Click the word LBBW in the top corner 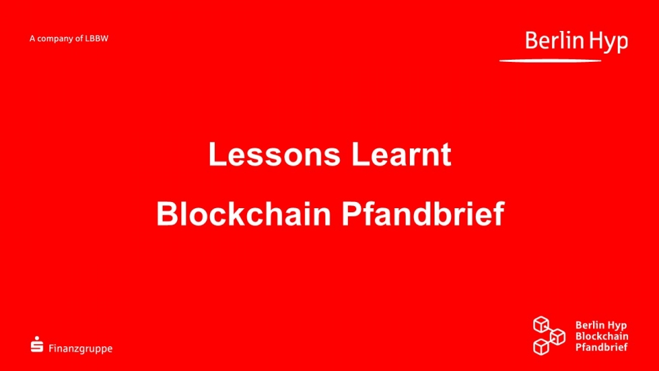pyautogui.click(x=97, y=38)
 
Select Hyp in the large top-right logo pyautogui.click(x=608, y=43)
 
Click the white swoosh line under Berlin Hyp pyautogui.click(x=550, y=61)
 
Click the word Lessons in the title pyautogui.click(x=274, y=154)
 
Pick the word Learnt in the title pyautogui.click(x=402, y=154)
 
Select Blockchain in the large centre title pyautogui.click(x=244, y=214)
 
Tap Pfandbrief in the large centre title pyautogui.click(x=423, y=214)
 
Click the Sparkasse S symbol pyautogui.click(x=37, y=344)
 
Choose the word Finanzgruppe pyautogui.click(x=81, y=349)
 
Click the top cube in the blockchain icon pyautogui.click(x=541, y=324)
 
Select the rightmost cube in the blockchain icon pyautogui.click(x=557, y=337)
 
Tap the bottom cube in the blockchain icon pyautogui.click(x=542, y=347)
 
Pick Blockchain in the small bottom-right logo pyautogui.click(x=602, y=336)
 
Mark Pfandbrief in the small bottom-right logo pyautogui.click(x=601, y=347)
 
